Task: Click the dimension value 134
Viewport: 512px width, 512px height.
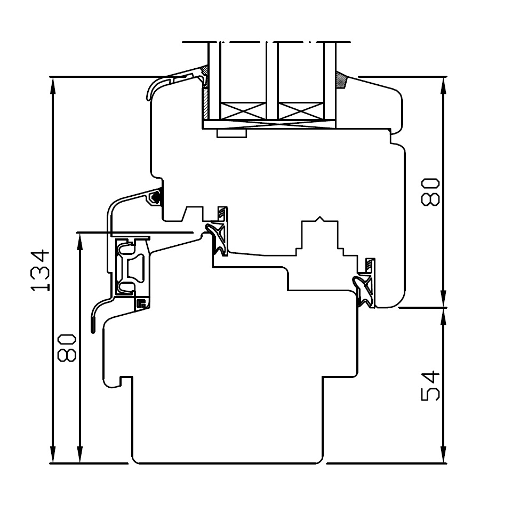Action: click(x=40, y=270)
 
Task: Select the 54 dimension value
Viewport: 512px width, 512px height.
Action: click(x=430, y=385)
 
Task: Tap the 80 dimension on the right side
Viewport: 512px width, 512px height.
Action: click(x=430, y=192)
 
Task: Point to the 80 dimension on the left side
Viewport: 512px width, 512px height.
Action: click(x=67, y=348)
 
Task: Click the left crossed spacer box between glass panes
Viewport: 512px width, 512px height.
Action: click(x=243, y=111)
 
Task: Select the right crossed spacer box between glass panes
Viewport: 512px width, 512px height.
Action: click(x=300, y=111)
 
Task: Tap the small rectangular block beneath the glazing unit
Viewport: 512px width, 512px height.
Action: click(x=231, y=133)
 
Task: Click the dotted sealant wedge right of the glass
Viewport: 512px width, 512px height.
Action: click(x=341, y=80)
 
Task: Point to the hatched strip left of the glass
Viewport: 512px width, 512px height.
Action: click(x=205, y=103)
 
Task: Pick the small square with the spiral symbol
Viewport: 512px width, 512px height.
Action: click(x=142, y=303)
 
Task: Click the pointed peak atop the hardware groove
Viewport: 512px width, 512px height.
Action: click(x=320, y=217)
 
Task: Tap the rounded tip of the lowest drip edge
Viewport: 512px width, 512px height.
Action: click(x=93, y=330)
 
